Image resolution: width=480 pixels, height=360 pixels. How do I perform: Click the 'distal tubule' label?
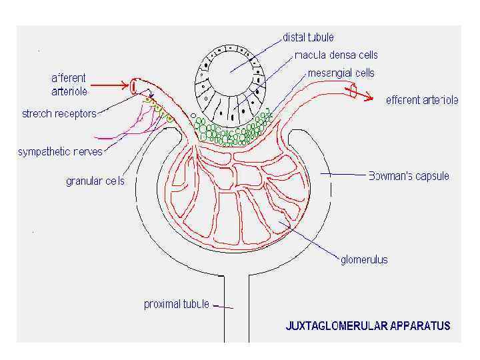[309, 37]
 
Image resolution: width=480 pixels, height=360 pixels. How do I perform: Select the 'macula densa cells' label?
[336, 55]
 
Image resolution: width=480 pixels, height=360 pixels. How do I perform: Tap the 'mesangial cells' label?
[341, 73]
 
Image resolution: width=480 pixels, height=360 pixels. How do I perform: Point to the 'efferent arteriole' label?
[422, 101]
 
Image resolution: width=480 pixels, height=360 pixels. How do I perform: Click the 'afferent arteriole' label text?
[69, 85]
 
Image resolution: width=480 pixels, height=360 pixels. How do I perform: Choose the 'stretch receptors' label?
[59, 113]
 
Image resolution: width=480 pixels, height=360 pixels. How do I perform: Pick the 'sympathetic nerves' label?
[60, 151]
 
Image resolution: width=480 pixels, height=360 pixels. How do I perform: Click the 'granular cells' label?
[95, 181]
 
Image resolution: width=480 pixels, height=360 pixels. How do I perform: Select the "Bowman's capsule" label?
[409, 177]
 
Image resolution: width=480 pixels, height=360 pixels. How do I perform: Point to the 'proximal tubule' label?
[177, 304]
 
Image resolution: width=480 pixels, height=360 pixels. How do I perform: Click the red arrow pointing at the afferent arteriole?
[110, 85]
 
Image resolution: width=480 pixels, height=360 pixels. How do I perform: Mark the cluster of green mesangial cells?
[230, 132]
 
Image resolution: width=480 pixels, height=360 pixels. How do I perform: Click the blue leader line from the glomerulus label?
[313, 242]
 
